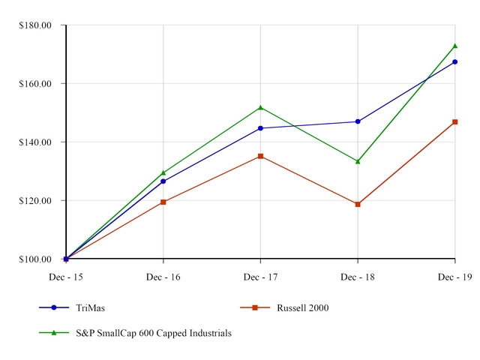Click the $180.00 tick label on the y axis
[35, 25]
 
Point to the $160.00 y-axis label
[35, 83]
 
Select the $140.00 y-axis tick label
[35, 142]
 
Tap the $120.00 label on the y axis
[35, 200]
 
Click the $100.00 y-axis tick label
[35, 259]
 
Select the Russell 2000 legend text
[302, 307]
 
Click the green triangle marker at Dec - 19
[454, 46]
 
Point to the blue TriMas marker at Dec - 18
[358, 121]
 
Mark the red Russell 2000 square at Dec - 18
[358, 204]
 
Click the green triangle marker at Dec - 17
[260, 107]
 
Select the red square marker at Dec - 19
[454, 121]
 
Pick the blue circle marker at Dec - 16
[163, 181]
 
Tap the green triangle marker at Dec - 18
[358, 160]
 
